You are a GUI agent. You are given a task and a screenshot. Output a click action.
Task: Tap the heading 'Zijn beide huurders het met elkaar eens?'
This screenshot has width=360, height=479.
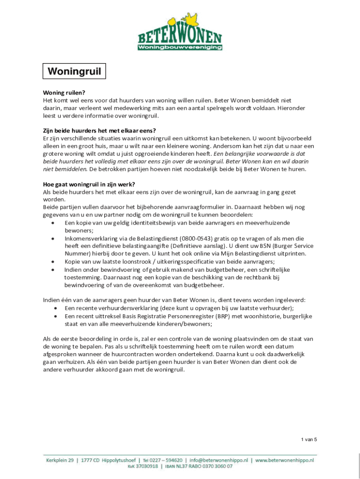tap(99, 131)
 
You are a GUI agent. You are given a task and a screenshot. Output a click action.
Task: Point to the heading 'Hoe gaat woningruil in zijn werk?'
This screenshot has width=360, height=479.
tap(89, 184)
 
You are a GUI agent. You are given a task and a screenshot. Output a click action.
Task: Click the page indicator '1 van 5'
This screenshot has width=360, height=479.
tap(309, 439)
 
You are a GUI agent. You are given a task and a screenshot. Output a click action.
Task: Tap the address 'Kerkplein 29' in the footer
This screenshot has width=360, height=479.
tap(60, 460)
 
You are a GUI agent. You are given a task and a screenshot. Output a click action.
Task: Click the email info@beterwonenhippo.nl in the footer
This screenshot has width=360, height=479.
tap(218, 460)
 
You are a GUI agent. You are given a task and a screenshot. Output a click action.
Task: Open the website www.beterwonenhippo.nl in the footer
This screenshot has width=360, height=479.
tap(284, 460)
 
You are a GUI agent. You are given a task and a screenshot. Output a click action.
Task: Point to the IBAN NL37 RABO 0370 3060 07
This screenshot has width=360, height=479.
tap(205, 466)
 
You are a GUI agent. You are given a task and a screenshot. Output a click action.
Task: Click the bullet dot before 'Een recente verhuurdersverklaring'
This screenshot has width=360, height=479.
tap(55, 308)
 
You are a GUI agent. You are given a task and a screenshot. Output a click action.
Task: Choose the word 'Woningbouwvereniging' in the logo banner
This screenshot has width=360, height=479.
tap(180, 47)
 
